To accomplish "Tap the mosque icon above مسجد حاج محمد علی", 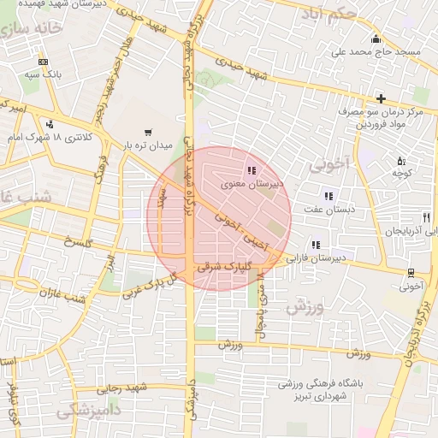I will tap(375, 39).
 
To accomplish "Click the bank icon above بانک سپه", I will tap(44, 62).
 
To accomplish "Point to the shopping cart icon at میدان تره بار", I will tap(149, 133).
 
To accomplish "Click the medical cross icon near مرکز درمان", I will tap(381, 99).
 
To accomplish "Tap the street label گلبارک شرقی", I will tap(221, 266).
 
